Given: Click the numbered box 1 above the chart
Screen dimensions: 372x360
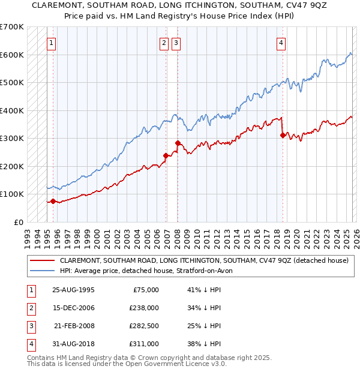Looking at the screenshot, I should [x=52, y=43].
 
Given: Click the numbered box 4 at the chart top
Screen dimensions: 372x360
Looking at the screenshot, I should [x=281, y=43].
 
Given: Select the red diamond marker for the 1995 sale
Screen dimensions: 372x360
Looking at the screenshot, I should [x=53, y=202].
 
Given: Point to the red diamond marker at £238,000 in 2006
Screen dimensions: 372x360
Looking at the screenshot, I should [x=166, y=156].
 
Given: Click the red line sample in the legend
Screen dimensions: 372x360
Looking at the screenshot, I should [x=42, y=261].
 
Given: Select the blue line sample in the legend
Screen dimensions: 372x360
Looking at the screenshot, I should [x=42, y=271].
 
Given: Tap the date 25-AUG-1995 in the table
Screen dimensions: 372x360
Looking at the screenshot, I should [x=73, y=290].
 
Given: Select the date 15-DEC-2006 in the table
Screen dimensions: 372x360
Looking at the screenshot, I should [x=73, y=308].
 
